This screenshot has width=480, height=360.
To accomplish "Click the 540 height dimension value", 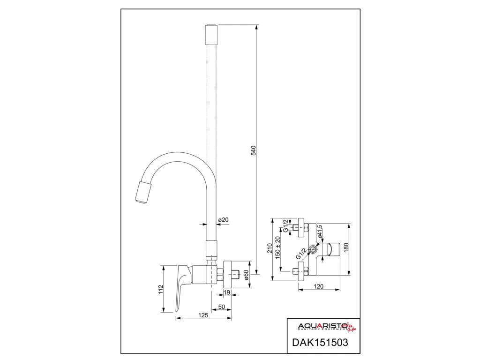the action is point(254,151).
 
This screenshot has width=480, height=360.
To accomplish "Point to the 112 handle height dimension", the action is point(161,289).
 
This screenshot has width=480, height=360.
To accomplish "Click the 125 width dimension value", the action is point(203,316).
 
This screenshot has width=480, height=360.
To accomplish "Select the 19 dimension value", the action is point(226,293).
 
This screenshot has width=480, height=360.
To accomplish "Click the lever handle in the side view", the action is point(182,286).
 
